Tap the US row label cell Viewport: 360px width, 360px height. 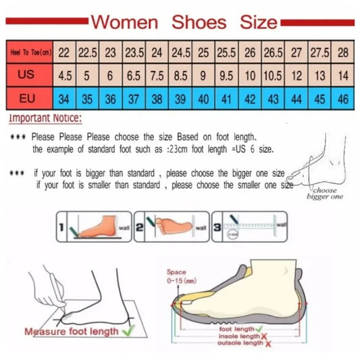(x=27, y=76)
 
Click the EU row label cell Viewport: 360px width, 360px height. (x=27, y=99)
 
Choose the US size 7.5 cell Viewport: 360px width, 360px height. (x=157, y=76)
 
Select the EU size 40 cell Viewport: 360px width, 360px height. (x=203, y=99)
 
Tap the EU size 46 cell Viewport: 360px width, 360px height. (x=344, y=99)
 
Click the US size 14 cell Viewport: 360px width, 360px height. (x=344, y=76)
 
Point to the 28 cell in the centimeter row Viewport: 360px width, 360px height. (x=344, y=52)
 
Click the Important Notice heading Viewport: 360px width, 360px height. (x=45, y=119)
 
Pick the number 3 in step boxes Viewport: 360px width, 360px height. (x=217, y=230)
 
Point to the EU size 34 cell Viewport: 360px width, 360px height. (x=63, y=99)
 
